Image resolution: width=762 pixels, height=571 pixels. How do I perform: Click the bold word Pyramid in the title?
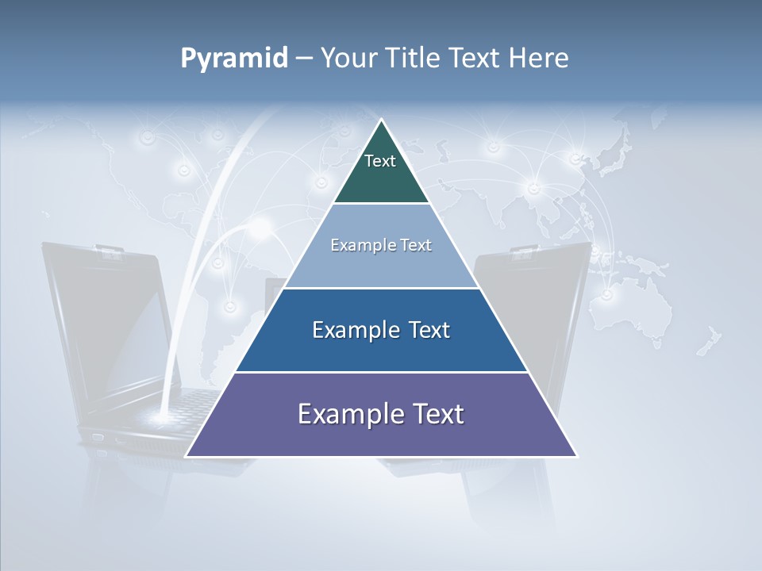[x=234, y=59]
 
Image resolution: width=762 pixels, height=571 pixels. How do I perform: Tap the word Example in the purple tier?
[x=345, y=414]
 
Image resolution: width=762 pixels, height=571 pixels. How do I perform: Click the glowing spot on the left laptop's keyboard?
[x=162, y=416]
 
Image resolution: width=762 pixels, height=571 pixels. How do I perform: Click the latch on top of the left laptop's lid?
[x=111, y=251]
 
